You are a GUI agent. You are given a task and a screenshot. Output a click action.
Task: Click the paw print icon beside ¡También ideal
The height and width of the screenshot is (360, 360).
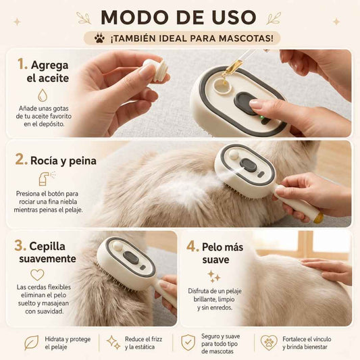99,38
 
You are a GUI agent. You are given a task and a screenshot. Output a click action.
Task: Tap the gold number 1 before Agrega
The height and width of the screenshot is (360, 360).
22,63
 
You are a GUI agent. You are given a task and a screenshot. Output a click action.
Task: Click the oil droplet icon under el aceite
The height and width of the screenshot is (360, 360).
43,95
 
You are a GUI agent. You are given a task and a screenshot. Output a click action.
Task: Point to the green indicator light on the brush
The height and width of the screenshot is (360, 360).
261,118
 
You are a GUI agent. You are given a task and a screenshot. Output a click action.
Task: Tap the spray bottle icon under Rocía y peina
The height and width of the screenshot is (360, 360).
47,178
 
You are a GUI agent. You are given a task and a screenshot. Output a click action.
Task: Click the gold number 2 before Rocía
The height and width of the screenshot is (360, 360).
21,159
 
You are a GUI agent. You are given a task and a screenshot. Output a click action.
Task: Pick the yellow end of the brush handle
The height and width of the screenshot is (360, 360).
318,217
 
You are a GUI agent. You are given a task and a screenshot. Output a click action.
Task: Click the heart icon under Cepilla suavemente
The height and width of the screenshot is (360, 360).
37,275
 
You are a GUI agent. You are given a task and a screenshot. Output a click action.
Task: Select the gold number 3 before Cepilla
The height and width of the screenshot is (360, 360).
20,246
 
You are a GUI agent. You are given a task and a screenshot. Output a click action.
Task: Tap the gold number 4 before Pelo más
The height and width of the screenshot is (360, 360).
192,247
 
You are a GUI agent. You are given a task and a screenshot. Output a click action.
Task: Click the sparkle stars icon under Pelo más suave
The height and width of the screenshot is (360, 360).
213,276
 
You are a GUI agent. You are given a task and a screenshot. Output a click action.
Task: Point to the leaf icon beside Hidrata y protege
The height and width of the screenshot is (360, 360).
32,342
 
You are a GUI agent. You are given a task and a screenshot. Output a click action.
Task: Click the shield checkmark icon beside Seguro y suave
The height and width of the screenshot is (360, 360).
188,342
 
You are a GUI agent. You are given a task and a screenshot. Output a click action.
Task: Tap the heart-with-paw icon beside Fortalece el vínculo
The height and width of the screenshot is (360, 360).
269,342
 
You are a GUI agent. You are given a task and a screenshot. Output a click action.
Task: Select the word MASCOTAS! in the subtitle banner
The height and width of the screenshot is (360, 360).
246,38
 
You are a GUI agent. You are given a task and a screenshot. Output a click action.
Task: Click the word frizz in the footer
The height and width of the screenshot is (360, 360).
157,339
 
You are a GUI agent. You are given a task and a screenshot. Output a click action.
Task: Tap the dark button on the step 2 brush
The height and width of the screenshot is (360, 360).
248,165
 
